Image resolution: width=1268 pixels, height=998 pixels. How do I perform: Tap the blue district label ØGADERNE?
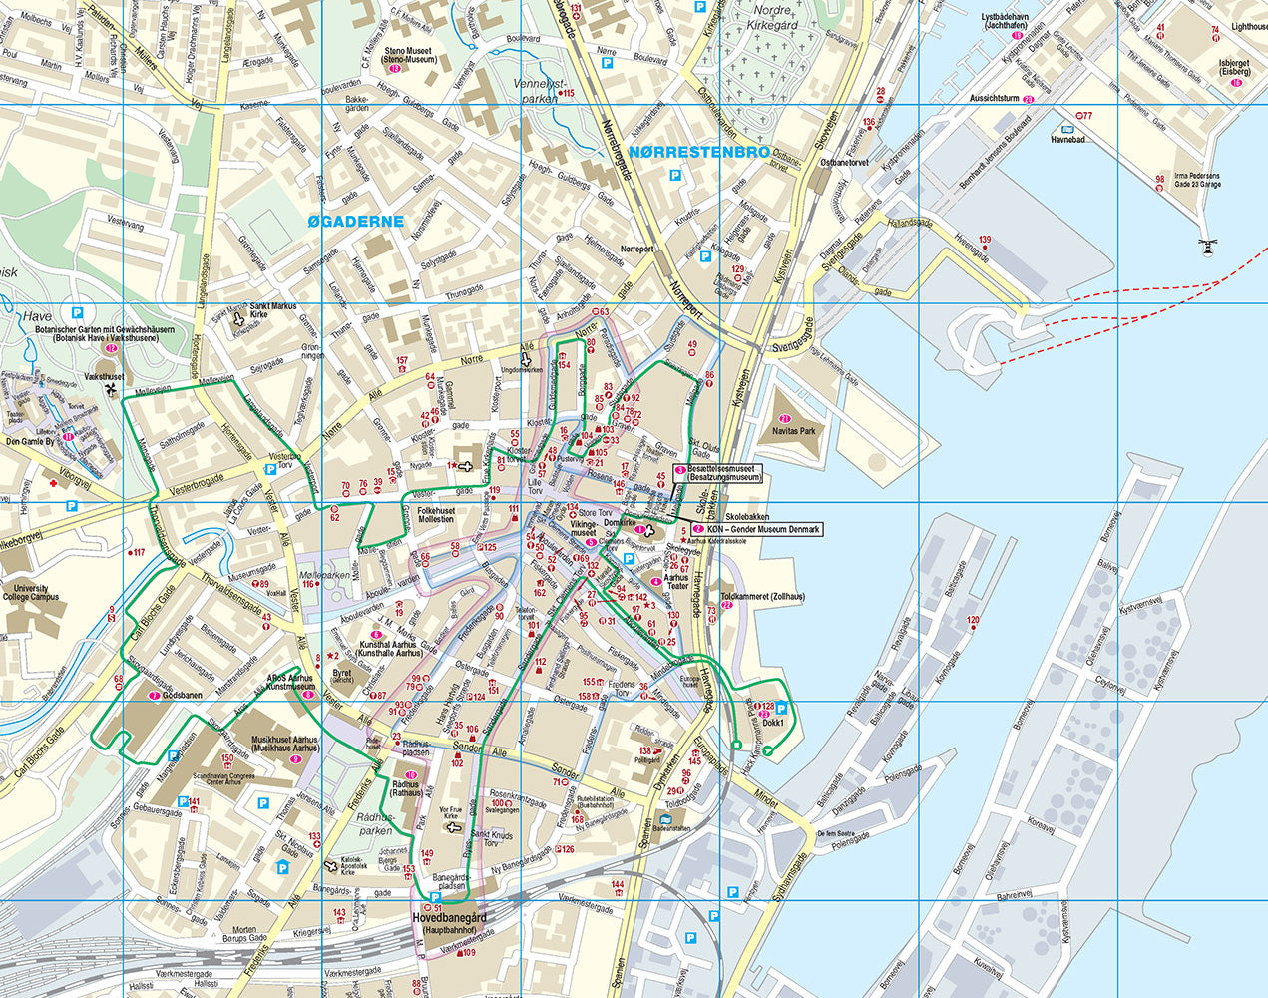tap(355, 221)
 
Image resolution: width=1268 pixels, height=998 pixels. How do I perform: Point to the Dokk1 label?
tap(774, 722)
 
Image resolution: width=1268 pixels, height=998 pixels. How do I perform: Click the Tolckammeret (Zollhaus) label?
tap(770, 596)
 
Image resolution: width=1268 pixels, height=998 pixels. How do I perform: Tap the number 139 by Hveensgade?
tap(985, 241)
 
